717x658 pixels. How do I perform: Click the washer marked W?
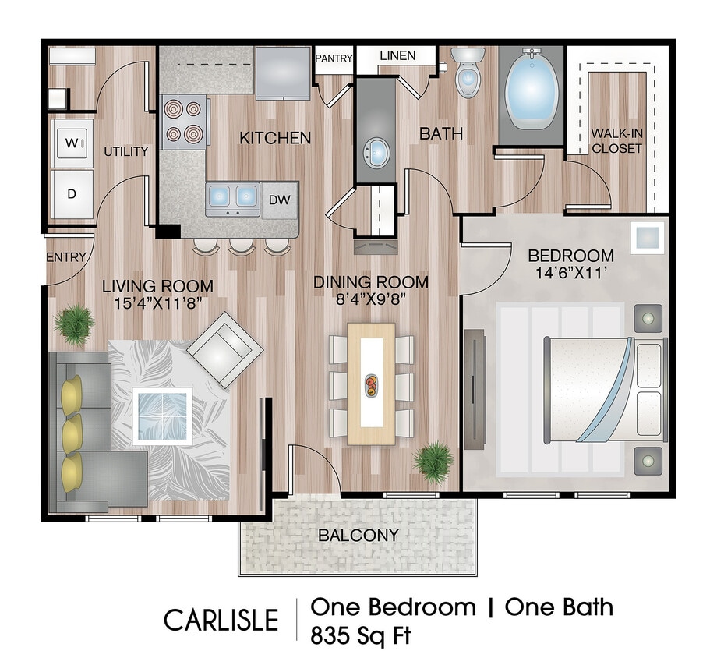[x=72, y=143]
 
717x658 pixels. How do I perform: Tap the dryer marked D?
[x=72, y=193]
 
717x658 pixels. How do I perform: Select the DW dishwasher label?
[x=279, y=200]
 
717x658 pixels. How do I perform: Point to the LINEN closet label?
[x=397, y=56]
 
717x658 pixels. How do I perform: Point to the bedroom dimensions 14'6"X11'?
[x=571, y=272]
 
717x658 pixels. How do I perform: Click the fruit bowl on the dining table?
[x=371, y=384]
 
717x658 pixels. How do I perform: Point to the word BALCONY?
[x=358, y=536]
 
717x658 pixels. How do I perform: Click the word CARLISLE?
[x=221, y=620]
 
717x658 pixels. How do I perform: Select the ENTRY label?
[x=65, y=258]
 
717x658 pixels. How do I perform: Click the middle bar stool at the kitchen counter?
[x=241, y=246]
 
